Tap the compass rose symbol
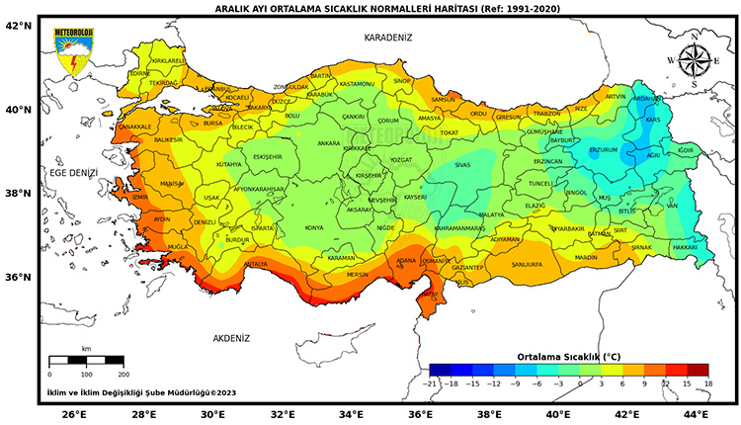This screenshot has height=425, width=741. click(695, 61)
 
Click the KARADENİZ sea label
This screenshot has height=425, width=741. click(388, 37)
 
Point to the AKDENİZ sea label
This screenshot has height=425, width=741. click(232, 338)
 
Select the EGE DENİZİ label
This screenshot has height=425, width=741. click(74, 172)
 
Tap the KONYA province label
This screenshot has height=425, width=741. click(314, 227)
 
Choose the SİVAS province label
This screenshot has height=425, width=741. click(461, 166)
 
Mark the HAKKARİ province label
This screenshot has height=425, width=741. click(685, 247)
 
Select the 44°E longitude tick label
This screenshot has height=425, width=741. click(696, 414)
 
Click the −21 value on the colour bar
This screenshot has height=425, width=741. click(430, 382)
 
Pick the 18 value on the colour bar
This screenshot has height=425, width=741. click(706, 382)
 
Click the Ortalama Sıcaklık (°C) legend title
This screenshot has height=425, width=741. click(569, 355)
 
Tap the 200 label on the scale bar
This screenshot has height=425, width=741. click(123, 375)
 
